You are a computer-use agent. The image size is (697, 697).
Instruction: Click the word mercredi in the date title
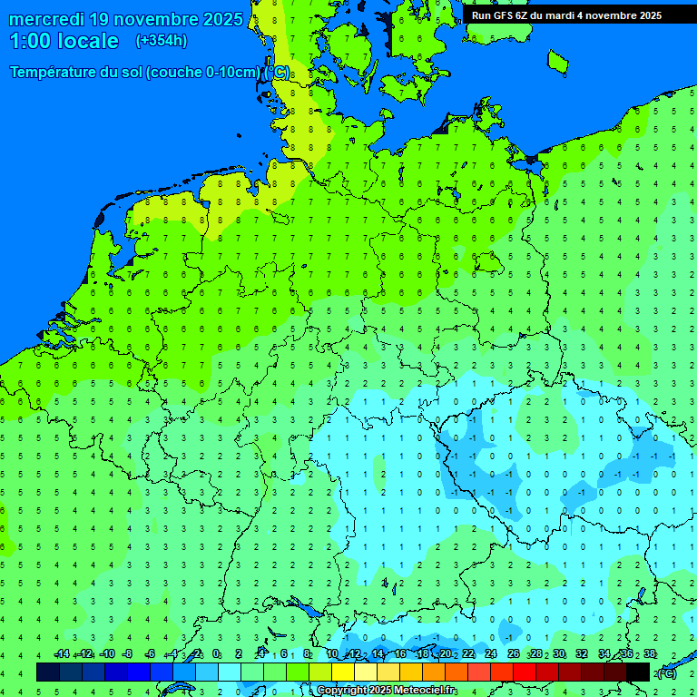(x=47, y=19)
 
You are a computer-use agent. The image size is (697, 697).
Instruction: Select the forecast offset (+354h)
(x=162, y=41)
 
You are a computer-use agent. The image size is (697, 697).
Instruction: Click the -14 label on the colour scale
(x=62, y=653)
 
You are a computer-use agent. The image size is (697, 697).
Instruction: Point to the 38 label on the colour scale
(x=650, y=653)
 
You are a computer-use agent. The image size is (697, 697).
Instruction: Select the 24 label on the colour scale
(x=491, y=653)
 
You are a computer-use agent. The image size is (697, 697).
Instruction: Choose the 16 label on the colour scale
(x=400, y=653)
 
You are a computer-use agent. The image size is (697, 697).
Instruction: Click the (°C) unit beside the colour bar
(x=667, y=672)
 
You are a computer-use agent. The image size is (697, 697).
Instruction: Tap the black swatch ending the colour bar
(x=638, y=672)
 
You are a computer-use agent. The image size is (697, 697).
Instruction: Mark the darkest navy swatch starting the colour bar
(x=48, y=672)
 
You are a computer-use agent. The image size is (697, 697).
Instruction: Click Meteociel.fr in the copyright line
(x=423, y=691)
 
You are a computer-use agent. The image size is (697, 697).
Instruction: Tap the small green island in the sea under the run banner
(x=558, y=61)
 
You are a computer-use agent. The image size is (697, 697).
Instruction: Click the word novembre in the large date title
(x=161, y=19)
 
